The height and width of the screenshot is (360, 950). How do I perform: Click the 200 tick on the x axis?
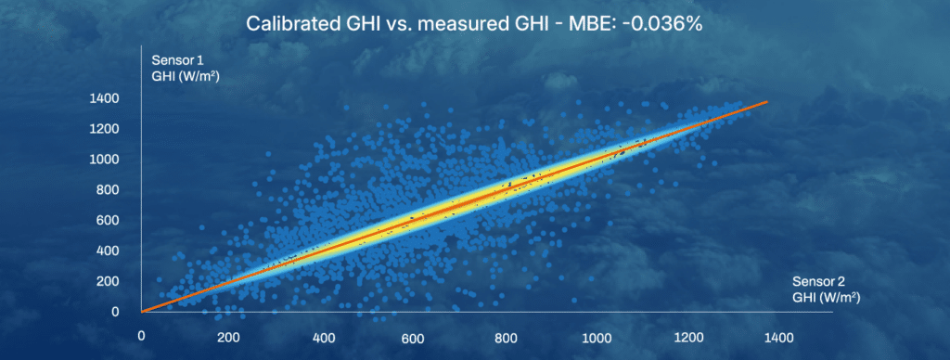click(230, 338)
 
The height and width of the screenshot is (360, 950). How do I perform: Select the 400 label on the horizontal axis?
click(322, 338)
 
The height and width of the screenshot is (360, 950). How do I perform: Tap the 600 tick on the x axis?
click(414, 338)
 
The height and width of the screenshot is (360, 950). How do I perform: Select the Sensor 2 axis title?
click(827, 289)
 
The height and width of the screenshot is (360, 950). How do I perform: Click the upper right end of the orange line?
click(768, 101)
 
